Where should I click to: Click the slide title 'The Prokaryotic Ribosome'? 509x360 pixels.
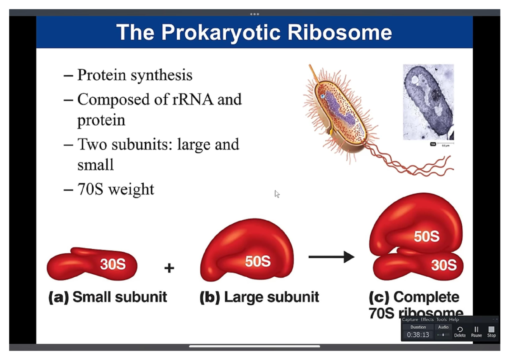point(254,32)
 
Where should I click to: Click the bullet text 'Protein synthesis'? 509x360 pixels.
point(134,75)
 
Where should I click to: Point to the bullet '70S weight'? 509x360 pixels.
point(115,189)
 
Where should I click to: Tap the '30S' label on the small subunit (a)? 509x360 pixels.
point(113,264)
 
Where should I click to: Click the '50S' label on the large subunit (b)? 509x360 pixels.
point(257,262)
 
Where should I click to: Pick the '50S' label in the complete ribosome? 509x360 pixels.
point(426,236)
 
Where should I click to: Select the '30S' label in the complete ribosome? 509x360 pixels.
point(444,265)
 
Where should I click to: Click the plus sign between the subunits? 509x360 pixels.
point(169,268)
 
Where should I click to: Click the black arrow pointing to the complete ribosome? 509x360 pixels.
point(331,257)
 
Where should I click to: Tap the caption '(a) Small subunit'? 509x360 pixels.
point(108,297)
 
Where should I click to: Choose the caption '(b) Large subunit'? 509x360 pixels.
point(259,297)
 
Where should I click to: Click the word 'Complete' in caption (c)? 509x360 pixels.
point(426,297)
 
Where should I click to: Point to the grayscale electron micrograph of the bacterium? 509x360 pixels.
point(428,102)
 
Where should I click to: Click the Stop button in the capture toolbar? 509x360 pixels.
point(491,331)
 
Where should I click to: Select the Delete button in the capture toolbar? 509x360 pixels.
point(460,331)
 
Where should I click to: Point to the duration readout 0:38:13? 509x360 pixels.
point(418,335)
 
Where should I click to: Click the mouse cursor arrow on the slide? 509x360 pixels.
point(277,194)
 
